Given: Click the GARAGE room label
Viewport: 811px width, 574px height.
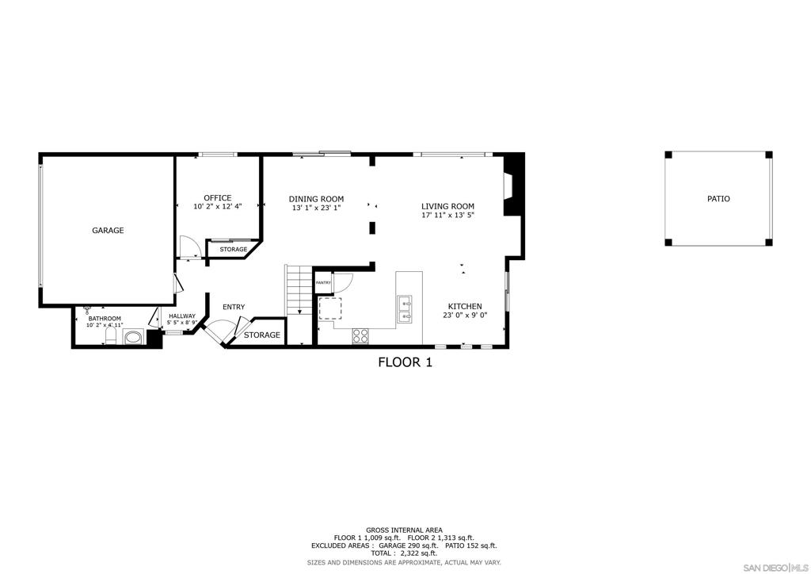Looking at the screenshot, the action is (x=108, y=231).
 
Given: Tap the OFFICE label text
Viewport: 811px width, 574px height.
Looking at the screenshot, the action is (x=217, y=197).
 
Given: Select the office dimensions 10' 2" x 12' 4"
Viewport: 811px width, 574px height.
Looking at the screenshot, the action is (x=217, y=206).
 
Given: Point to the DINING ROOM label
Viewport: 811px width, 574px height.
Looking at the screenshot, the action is (x=316, y=199).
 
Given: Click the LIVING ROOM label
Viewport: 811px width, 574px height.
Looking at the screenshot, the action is (x=447, y=206).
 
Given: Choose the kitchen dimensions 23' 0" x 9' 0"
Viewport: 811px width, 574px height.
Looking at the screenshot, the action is (x=465, y=316).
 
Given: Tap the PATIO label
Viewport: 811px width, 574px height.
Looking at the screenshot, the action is (x=718, y=199).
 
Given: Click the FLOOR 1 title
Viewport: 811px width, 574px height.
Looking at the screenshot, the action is (x=405, y=362).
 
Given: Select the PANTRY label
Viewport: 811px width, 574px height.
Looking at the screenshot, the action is (x=323, y=282).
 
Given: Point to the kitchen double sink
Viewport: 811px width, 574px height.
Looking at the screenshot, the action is (x=405, y=309).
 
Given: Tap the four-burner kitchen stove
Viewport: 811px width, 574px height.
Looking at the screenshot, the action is (x=360, y=335).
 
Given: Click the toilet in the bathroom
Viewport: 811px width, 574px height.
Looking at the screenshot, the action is (x=111, y=336).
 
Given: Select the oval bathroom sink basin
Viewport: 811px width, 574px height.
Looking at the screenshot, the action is (x=133, y=338).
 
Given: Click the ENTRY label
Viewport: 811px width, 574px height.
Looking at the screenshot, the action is (x=234, y=307).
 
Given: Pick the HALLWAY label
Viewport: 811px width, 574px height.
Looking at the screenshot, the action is (x=182, y=316).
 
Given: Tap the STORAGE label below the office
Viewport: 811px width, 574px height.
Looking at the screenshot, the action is (x=234, y=250).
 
